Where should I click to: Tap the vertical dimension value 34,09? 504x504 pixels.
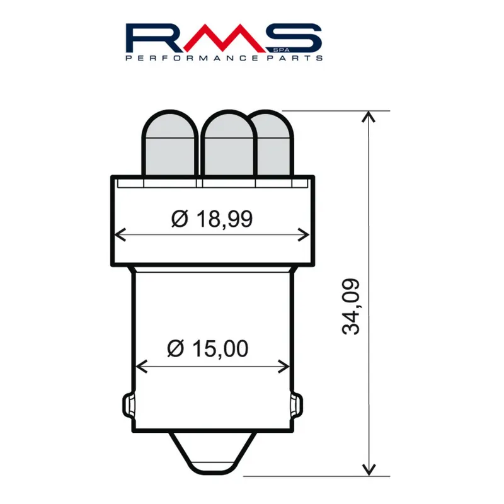click(351, 306)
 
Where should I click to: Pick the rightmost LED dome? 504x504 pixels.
click(272, 143)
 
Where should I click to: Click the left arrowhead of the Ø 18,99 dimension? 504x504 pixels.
click(120, 235)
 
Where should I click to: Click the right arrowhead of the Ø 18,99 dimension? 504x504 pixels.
click(306, 235)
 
